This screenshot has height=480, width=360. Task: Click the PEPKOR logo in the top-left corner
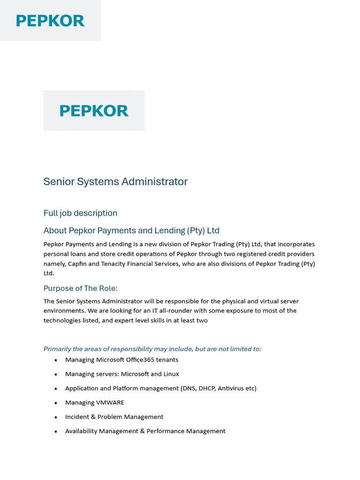pyautogui.click(x=50, y=21)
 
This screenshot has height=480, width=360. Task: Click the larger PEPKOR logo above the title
pyautogui.click(x=94, y=111)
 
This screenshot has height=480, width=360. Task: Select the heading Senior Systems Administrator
pyautogui.click(x=115, y=182)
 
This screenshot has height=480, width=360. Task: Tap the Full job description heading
pyautogui.click(x=80, y=213)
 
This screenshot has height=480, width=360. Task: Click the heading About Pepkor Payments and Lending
pyautogui.click(x=131, y=231)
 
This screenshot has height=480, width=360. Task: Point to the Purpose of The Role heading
pyautogui.click(x=80, y=288)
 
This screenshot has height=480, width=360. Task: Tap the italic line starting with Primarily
pyautogui.click(x=152, y=349)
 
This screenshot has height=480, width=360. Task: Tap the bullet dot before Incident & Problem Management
pyautogui.click(x=56, y=417)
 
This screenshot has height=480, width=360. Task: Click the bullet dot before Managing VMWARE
pyautogui.click(x=56, y=403)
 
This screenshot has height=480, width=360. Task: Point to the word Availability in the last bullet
pyautogui.click(x=81, y=431)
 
